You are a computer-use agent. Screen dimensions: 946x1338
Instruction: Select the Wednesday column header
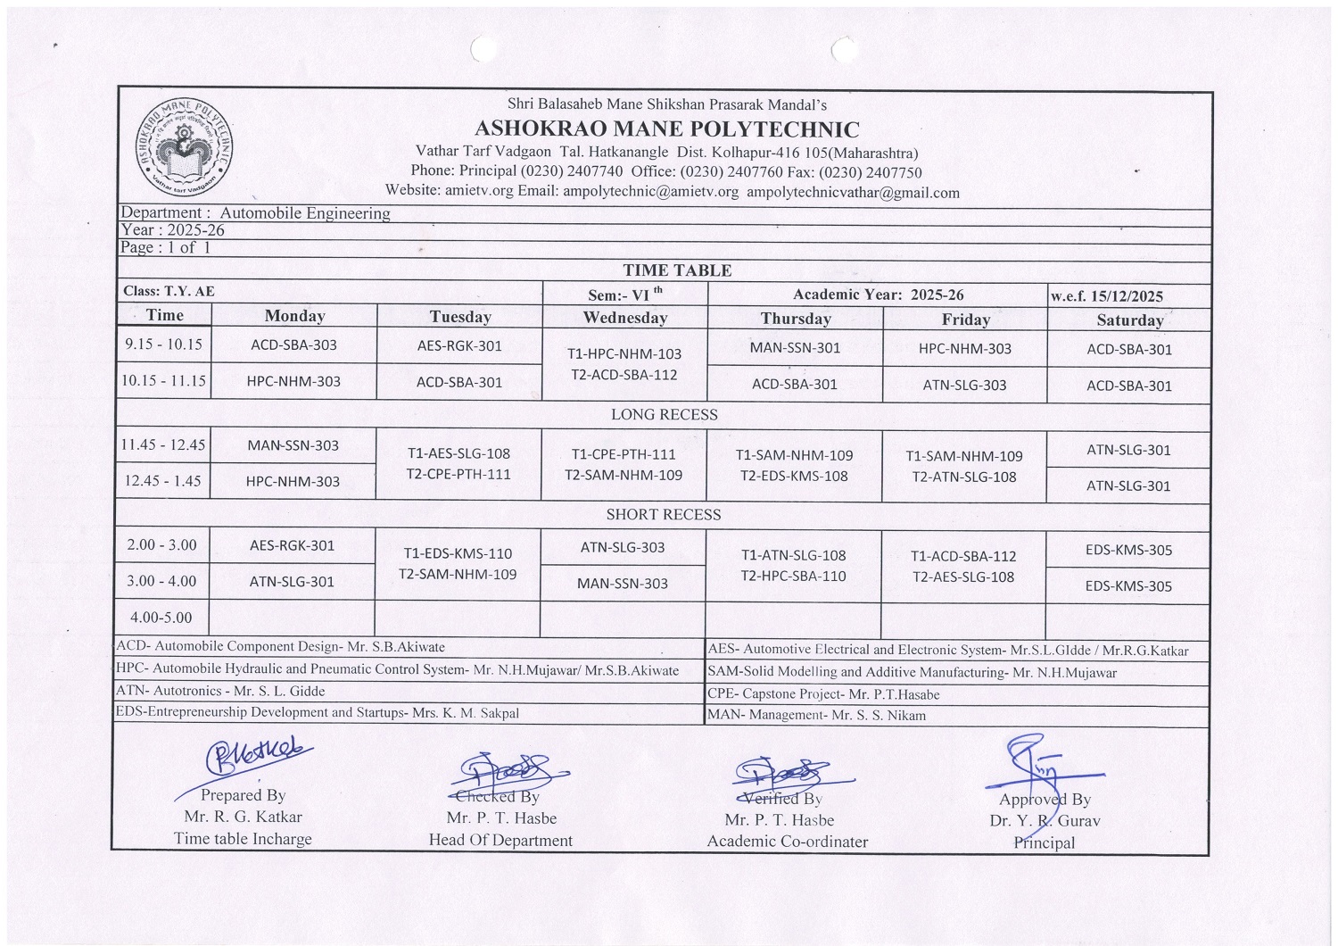[x=624, y=317]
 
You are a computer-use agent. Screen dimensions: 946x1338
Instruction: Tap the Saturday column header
[x=1129, y=319]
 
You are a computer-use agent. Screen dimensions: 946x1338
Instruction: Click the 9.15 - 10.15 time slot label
[x=163, y=344]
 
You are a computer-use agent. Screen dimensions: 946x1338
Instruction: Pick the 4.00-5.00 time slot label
[x=161, y=617]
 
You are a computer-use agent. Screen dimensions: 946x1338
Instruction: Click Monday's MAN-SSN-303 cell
[x=293, y=445]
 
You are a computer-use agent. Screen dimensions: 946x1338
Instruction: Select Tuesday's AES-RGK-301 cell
[x=459, y=345]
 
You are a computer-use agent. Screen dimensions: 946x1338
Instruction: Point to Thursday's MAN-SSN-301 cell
[x=795, y=347]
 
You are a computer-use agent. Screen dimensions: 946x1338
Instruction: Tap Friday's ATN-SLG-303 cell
[x=964, y=386]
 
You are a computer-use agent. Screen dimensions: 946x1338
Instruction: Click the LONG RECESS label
[x=664, y=414]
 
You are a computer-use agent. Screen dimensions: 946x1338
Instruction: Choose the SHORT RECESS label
[x=663, y=514]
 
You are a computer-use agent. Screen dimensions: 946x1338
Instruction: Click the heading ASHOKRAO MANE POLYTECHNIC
[x=666, y=130]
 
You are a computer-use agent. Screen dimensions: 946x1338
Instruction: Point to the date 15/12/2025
[x=1131, y=296]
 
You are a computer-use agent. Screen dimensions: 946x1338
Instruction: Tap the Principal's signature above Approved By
[x=1039, y=763]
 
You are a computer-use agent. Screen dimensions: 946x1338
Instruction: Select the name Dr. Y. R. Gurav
[x=1045, y=820]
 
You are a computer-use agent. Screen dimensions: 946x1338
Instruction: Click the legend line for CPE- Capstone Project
[x=822, y=693]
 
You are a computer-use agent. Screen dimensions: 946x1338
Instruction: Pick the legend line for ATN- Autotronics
[x=220, y=691]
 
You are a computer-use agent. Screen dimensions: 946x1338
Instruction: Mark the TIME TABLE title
[x=676, y=270]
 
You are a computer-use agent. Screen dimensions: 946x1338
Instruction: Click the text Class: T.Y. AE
[x=169, y=291]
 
